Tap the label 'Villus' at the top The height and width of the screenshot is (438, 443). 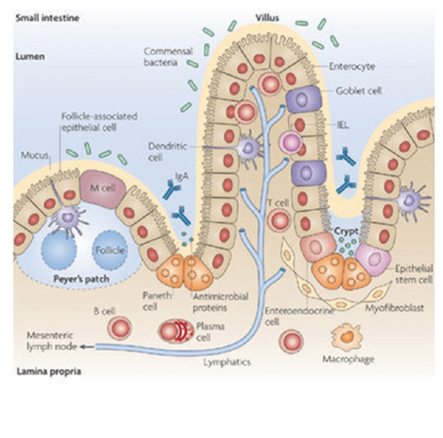coord(267,18)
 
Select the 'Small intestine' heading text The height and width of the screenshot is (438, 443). coord(47,18)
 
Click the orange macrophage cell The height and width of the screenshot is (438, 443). coord(347,337)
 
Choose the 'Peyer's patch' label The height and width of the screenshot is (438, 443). coord(81,279)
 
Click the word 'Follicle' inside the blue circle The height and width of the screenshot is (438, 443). coord(110,250)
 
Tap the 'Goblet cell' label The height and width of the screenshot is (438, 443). coord(358,91)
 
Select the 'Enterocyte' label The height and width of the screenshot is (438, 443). coord(351,66)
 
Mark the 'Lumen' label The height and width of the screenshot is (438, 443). coord(30,56)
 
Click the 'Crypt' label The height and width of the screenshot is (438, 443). coord(346,231)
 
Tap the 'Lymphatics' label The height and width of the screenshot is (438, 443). coord(227,362)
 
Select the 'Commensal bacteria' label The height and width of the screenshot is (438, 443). coord(168,57)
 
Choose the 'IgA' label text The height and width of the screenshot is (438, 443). coord(182,176)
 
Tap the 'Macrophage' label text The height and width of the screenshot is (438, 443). coord(348,359)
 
